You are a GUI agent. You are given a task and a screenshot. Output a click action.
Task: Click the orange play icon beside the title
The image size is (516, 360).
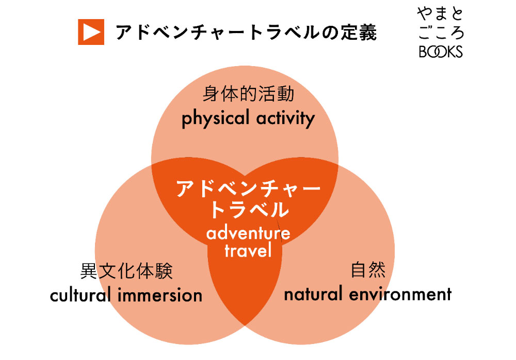[91, 32]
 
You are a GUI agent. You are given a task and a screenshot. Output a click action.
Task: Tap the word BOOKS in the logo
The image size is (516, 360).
[441, 52]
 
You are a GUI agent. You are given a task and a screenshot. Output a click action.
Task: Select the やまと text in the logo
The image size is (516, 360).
[440, 14]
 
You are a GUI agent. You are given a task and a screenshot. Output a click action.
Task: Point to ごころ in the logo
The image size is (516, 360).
[441, 33]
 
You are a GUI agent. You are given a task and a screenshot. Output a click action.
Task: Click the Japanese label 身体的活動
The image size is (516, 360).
[248, 94]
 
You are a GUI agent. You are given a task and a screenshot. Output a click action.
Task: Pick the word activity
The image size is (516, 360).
[286, 119]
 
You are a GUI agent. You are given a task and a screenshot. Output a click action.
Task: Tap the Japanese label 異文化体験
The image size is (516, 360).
[126, 271]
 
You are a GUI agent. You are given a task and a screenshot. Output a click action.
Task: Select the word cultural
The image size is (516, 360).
[80, 294]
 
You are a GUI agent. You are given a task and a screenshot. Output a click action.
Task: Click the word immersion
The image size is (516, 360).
[160, 295]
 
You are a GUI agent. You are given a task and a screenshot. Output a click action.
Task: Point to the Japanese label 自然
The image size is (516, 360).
[368, 270]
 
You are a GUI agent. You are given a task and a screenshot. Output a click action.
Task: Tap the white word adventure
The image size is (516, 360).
[248, 233]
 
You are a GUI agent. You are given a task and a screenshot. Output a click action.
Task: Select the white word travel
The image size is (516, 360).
[248, 251]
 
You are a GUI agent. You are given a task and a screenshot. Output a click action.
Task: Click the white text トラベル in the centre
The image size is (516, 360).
[249, 210]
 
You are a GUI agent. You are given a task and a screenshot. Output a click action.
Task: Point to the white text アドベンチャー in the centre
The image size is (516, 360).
[249, 189]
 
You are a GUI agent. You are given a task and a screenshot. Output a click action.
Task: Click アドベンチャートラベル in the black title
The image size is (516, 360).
[217, 32]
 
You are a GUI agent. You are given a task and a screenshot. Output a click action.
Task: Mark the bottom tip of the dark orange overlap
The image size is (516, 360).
[245, 326]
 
